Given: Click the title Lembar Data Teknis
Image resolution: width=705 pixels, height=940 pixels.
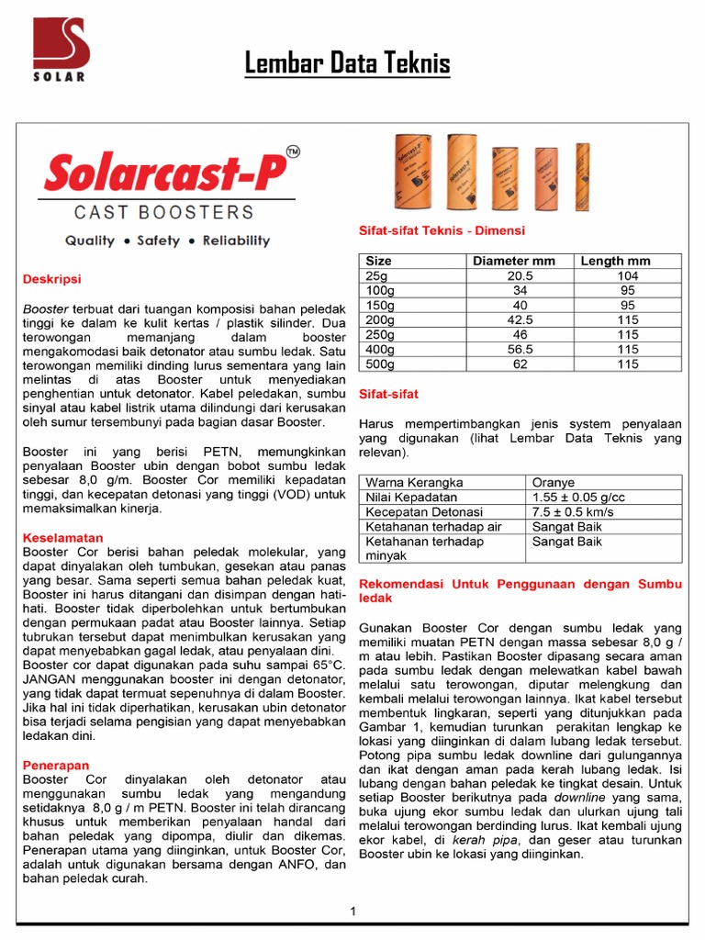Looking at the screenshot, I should pyautogui.click(x=347, y=63).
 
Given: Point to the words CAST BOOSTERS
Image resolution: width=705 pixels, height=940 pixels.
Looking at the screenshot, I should pyautogui.click(x=164, y=212).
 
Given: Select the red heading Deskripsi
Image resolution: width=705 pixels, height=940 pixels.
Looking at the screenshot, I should pyautogui.click(x=51, y=278).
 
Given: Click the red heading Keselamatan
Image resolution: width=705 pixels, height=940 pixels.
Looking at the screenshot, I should pyautogui.click(x=62, y=537).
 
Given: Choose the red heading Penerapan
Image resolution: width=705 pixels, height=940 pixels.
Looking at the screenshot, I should pyautogui.click(x=55, y=764).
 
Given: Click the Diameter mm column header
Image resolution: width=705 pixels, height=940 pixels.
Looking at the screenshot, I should pyautogui.click(x=513, y=261).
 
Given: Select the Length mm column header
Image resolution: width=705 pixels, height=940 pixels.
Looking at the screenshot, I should pyautogui.click(x=615, y=261).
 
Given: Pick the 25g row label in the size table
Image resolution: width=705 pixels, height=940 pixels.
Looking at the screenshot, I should pyautogui.click(x=377, y=275).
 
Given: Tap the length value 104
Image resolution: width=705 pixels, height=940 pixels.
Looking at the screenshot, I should pyautogui.click(x=628, y=275).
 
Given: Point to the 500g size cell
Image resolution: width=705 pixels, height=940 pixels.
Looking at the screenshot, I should pyautogui.click(x=381, y=364).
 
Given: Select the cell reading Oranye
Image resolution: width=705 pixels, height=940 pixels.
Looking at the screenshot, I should pyautogui.click(x=554, y=482).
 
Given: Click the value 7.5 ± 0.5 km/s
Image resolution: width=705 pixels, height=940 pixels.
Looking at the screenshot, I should pyautogui.click(x=573, y=511).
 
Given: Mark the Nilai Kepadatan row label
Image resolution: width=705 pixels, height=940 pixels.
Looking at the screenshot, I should pyautogui.click(x=411, y=497).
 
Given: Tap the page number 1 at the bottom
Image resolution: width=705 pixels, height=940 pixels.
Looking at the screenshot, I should pyautogui.click(x=352, y=911).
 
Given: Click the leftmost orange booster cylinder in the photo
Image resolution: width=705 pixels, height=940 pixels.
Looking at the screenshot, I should pyautogui.click(x=412, y=172).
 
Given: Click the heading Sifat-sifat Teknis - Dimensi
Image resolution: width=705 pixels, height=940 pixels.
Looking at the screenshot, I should pyautogui.click(x=442, y=231).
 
